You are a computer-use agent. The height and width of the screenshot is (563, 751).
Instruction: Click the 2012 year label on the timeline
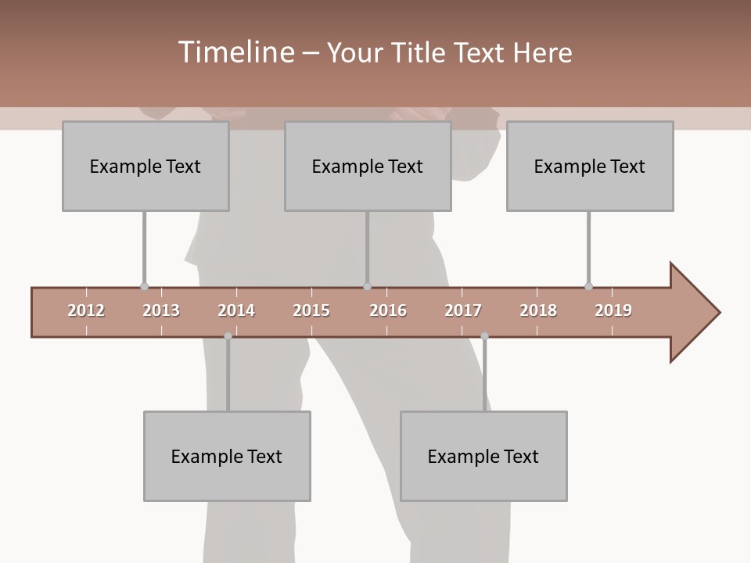tap(86, 310)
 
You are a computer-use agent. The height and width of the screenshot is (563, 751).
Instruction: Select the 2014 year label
tap(236, 310)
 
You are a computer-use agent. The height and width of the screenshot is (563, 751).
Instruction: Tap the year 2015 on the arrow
tap(311, 310)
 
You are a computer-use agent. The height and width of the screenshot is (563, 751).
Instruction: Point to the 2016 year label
tap(388, 310)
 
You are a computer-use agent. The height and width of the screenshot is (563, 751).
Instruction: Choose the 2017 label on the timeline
tap(463, 310)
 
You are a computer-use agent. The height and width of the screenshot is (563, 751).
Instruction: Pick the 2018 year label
tap(538, 310)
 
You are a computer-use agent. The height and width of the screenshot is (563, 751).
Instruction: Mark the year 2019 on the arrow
tap(613, 310)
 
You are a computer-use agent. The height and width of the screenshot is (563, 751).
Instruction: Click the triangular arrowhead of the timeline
tap(693, 313)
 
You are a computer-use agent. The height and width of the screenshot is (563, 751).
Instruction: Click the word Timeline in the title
tap(235, 52)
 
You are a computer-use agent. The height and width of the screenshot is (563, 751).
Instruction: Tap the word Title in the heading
tap(419, 52)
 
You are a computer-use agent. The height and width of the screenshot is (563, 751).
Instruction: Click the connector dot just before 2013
tap(144, 286)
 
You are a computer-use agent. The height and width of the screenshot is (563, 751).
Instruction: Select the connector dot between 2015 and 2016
tap(367, 286)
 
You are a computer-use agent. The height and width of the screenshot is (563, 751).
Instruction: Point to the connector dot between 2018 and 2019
tap(588, 286)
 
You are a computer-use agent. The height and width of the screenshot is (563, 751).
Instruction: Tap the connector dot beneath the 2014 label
tap(228, 336)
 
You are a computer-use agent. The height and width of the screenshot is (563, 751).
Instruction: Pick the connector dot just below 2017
tap(484, 336)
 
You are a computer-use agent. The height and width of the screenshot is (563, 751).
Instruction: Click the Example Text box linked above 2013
tap(146, 166)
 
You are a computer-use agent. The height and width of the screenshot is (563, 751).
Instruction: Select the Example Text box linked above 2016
tap(368, 166)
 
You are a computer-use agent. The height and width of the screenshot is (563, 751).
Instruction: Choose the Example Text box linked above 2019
tap(590, 166)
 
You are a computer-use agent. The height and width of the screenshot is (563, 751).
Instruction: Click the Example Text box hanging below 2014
tap(227, 456)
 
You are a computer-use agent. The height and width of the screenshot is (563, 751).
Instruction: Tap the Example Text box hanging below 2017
tap(483, 456)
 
